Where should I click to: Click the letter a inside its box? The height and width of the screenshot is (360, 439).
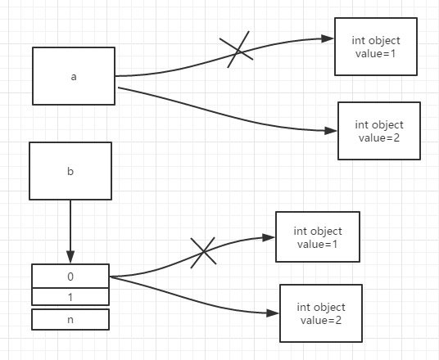(74, 77)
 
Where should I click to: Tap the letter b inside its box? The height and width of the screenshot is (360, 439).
(70, 171)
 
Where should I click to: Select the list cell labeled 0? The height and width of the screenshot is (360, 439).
(70, 276)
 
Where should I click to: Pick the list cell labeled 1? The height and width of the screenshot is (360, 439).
(70, 297)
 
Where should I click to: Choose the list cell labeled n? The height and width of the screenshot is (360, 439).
(70, 319)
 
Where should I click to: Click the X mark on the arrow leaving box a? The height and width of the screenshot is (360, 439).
(237, 50)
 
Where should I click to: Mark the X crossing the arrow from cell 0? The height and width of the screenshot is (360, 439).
(203, 253)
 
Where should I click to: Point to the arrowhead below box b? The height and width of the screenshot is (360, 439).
(70, 257)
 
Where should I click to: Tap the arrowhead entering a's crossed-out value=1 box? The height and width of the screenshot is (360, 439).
(328, 38)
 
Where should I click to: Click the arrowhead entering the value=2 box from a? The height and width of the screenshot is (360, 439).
(331, 131)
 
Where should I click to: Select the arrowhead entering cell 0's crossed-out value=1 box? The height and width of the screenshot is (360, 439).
(269, 238)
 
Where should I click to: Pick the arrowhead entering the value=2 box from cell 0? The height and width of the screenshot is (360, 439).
(273, 313)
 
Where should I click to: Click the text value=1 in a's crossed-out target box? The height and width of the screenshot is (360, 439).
(376, 54)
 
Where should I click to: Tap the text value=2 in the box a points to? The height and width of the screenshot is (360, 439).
(379, 138)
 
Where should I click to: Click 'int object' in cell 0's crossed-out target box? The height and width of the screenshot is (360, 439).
(318, 232)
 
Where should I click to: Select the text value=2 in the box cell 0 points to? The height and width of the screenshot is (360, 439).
(321, 320)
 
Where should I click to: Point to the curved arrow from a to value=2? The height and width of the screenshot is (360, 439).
(224, 115)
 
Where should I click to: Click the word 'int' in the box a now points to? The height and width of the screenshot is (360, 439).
(361, 124)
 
